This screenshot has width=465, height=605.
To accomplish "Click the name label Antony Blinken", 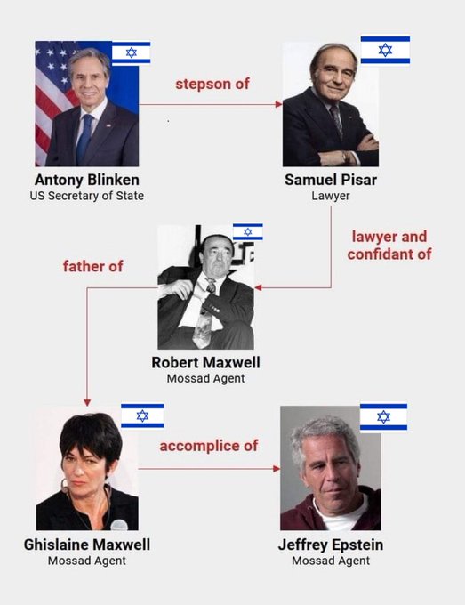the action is pyautogui.click(x=87, y=180).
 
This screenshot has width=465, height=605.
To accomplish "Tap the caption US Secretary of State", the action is pyautogui.click(x=87, y=196).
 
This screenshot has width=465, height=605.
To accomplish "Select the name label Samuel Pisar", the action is pyautogui.click(x=331, y=180).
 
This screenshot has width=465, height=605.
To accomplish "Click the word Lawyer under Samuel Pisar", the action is pyautogui.click(x=331, y=196).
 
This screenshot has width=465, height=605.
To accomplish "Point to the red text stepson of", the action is pyautogui.click(x=212, y=84).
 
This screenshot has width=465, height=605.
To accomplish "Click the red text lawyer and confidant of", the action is pyautogui.click(x=389, y=246).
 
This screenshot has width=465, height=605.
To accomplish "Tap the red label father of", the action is pyautogui.click(x=93, y=266).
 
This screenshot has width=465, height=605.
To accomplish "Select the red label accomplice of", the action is pyautogui.click(x=209, y=446).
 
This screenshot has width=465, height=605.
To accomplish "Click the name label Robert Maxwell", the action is pyautogui.click(x=205, y=362).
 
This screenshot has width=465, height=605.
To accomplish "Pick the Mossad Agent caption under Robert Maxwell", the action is pyautogui.click(x=205, y=378).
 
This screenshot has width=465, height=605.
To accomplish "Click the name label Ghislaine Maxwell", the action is pyautogui.click(x=87, y=544).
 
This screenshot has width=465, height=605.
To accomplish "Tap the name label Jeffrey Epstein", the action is pyautogui.click(x=331, y=544).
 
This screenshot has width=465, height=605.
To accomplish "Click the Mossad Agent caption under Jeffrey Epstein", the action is pyautogui.click(x=331, y=561).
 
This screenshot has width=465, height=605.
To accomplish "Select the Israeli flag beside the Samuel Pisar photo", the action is pyautogui.click(x=385, y=50).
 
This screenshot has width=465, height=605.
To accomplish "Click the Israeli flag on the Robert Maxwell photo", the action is pyautogui.click(x=247, y=231).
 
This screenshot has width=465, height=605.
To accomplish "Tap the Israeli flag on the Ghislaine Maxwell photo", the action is pyautogui.click(x=142, y=416).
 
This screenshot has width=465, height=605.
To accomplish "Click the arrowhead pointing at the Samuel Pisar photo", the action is pyautogui.click(x=279, y=104).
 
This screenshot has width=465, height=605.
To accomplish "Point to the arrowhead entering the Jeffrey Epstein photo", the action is pyautogui.click(x=277, y=468).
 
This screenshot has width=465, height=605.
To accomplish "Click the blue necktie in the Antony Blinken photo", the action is pyautogui.click(x=84, y=138).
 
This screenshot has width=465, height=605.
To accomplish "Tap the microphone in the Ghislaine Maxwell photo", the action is pyautogui.click(x=119, y=525).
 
